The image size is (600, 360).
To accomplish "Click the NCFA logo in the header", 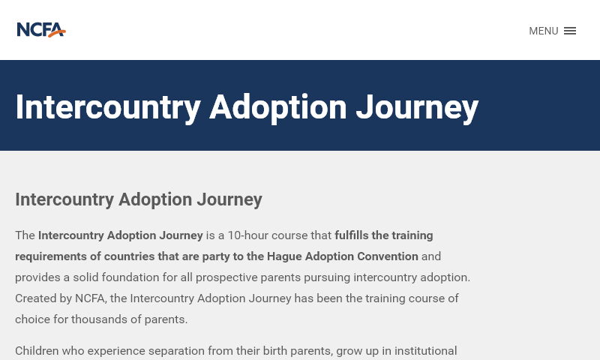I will click(x=41, y=30).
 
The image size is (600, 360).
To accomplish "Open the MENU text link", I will click(x=543, y=31).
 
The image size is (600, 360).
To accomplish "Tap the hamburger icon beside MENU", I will click(x=570, y=31).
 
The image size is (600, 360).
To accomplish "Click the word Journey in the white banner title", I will click(x=417, y=107).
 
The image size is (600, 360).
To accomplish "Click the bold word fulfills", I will click(x=357, y=235).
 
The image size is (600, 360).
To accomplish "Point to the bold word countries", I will click(x=129, y=256).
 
